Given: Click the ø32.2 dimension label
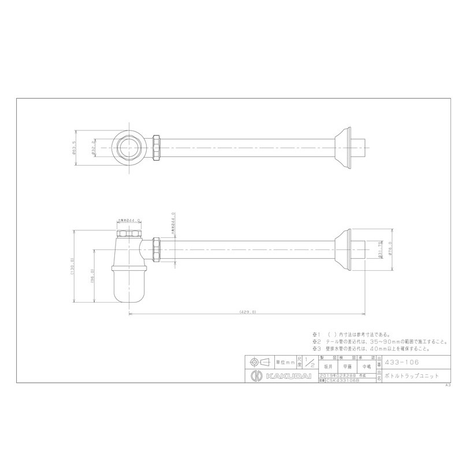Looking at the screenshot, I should point(92,149).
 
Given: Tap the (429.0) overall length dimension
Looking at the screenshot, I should point(245,312).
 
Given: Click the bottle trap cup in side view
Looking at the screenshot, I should point(129,282).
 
